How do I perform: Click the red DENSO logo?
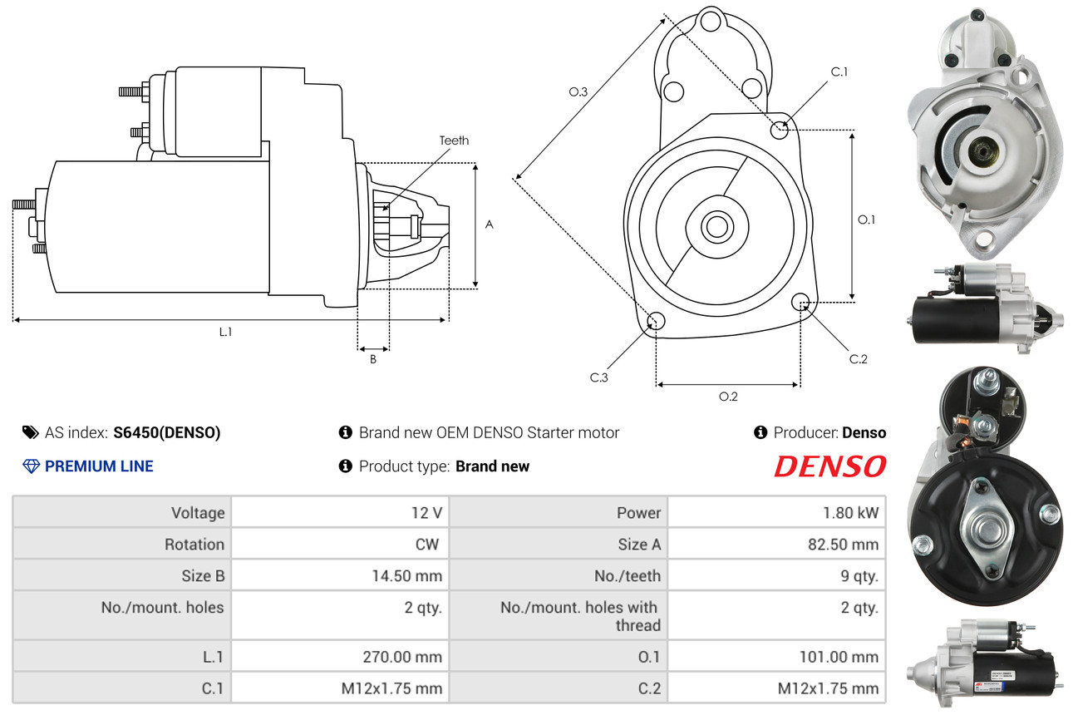pyautogui.click(x=830, y=466)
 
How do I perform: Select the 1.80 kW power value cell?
pyautogui.click(x=776, y=512)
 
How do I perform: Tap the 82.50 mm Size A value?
pyautogui.click(x=843, y=545)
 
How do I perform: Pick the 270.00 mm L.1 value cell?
pyautogui.click(x=340, y=656)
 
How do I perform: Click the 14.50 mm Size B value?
pyautogui.click(x=407, y=575)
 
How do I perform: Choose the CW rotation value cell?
pyautogui.click(x=340, y=544)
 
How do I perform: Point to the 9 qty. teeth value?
pyautogui.click(x=859, y=576)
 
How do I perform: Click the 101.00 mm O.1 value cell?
pyautogui.click(x=776, y=656)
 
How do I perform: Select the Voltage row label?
pyautogui.click(x=198, y=513)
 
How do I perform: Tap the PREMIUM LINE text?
pyautogui.click(x=99, y=466)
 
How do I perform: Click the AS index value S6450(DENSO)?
pyautogui.click(x=167, y=432)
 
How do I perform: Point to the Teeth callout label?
pyautogui.click(x=454, y=141)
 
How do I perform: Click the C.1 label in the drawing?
pyautogui.click(x=839, y=71)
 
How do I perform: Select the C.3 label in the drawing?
pyautogui.click(x=598, y=377)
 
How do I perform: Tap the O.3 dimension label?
pyautogui.click(x=578, y=91)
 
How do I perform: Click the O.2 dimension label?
pyautogui.click(x=728, y=397)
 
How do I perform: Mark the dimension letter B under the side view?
pyautogui.click(x=373, y=359)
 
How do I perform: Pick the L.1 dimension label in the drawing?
pyautogui.click(x=225, y=332)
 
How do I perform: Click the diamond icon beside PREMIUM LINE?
pyautogui.click(x=31, y=466)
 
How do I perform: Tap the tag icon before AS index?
pyautogui.click(x=31, y=432)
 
